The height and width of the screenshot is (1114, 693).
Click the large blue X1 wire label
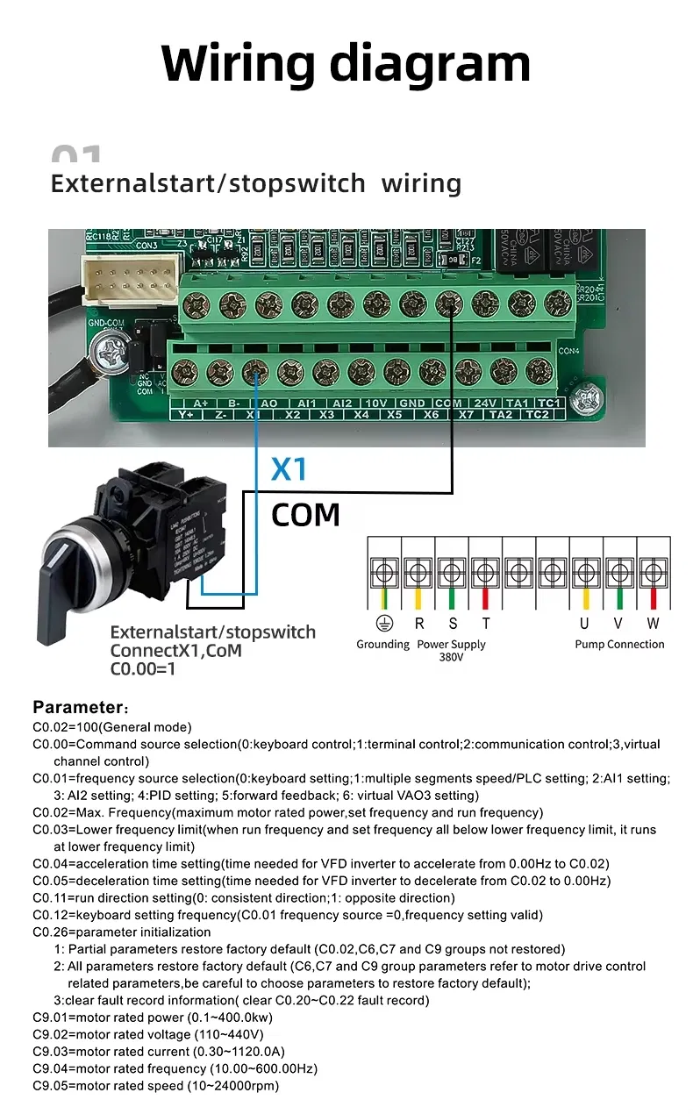coord(289,470)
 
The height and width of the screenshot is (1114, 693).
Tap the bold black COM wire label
coord(305,515)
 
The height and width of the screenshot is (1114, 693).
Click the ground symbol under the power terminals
coord(382,624)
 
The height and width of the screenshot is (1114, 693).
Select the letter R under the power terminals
coord(419,624)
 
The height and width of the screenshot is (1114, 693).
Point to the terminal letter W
coord(653,624)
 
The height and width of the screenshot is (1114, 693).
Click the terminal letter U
coord(584,624)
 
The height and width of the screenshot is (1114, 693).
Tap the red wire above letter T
coord(485,599)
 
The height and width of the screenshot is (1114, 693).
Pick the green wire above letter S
coord(452,599)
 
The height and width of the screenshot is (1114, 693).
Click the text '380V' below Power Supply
coord(451,657)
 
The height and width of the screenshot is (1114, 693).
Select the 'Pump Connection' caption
coord(619,644)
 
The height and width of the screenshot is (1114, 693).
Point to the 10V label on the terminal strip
coord(376,403)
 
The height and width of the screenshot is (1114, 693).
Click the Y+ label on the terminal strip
coord(186,414)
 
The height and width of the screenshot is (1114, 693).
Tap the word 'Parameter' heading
coord(77,707)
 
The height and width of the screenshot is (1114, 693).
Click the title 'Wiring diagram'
coord(346,63)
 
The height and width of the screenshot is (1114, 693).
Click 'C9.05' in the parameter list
coord(51,1085)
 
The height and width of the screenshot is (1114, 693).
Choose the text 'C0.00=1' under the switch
coord(143,669)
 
